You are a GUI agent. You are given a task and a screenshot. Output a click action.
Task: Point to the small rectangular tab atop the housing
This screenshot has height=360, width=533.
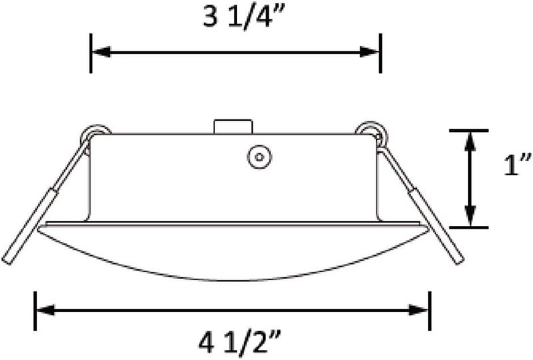232,127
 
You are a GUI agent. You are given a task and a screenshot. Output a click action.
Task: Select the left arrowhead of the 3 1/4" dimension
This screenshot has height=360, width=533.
99,51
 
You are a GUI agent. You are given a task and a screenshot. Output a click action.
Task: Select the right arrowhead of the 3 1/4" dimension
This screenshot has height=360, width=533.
372,51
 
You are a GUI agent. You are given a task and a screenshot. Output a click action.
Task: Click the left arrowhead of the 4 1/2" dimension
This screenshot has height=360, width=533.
43,309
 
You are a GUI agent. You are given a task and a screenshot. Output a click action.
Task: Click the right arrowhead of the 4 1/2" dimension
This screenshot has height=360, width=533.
421,309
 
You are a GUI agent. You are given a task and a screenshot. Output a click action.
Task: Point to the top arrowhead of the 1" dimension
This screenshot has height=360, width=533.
470,139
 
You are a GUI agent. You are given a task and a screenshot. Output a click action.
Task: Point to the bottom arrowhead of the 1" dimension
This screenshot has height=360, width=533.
470,219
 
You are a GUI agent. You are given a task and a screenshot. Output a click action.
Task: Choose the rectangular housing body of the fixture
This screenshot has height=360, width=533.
173,177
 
